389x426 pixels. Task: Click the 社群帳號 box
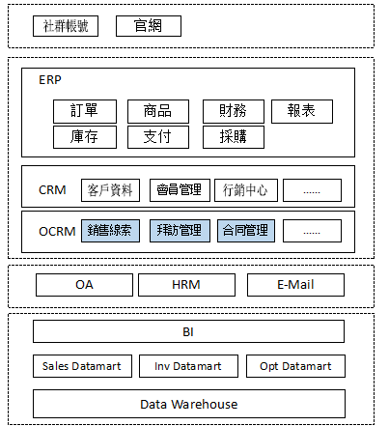[x=66, y=26]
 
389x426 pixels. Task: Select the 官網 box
[x=149, y=26]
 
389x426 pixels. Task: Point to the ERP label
[x=50, y=80]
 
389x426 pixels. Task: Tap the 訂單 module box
[x=85, y=111]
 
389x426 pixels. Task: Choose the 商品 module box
[x=158, y=111]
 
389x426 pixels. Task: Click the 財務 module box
[x=234, y=111]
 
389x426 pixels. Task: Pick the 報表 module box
[x=302, y=111]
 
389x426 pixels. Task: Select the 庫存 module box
[x=85, y=137]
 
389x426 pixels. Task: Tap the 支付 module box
[x=158, y=137]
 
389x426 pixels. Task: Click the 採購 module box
[x=234, y=137]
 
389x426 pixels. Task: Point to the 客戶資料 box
[x=110, y=190]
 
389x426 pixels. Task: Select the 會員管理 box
[x=180, y=190]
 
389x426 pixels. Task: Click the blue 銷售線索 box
[x=110, y=231]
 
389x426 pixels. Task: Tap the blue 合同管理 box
[x=246, y=231]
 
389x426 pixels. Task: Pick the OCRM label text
[x=57, y=232]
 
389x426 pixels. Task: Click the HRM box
[x=186, y=285]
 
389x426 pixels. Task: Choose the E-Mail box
[x=295, y=285]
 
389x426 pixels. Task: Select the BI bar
[x=188, y=331]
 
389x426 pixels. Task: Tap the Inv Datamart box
[x=188, y=366]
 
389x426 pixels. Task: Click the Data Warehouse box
[x=189, y=404]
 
